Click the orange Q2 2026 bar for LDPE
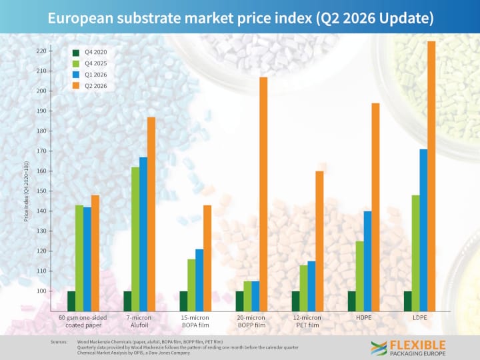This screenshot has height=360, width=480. pyautogui.click(x=431, y=176)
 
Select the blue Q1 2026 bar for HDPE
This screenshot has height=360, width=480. pyautogui.click(x=367, y=261)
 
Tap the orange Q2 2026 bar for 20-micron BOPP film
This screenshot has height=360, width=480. pyautogui.click(x=263, y=194)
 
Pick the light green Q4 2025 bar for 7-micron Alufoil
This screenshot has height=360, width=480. pyautogui.click(x=135, y=239)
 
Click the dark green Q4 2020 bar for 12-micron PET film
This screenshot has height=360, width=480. pyautogui.click(x=296, y=301)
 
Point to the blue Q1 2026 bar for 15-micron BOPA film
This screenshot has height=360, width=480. pyautogui.click(x=199, y=280)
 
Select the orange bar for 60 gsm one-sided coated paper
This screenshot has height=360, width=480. pyautogui.click(x=95, y=253)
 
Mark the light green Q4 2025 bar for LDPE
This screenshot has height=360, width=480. pyautogui.click(x=415, y=253)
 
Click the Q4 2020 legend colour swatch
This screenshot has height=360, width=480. pyautogui.click(x=76, y=53)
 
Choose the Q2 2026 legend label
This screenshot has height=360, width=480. pyautogui.click(x=96, y=86)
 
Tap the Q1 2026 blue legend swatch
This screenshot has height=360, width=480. pyautogui.click(x=76, y=75)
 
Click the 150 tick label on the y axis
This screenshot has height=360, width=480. pyautogui.click(x=41, y=191)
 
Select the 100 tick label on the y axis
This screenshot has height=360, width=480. pyautogui.click(x=41, y=291)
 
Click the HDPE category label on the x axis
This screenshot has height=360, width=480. pyautogui.click(x=364, y=318)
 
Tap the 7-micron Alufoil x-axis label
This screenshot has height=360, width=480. pyautogui.click(x=139, y=321)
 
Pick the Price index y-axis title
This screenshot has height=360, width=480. pyautogui.click(x=26, y=191)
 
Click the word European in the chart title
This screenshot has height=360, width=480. pyautogui.click(x=81, y=19)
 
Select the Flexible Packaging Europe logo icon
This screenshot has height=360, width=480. pyautogui.click(x=379, y=349)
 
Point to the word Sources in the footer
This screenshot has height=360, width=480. pyautogui.click(x=59, y=342)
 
